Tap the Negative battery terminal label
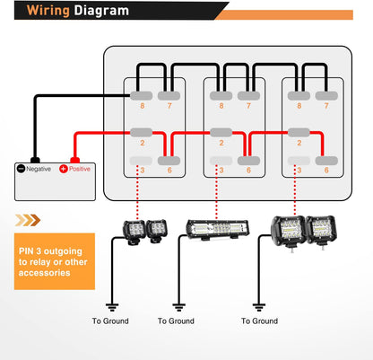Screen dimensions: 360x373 coord(36,168)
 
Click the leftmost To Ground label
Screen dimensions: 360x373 coord(109,320)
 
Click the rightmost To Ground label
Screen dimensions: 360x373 coord(260,320)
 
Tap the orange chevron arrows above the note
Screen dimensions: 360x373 coord(28,218)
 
